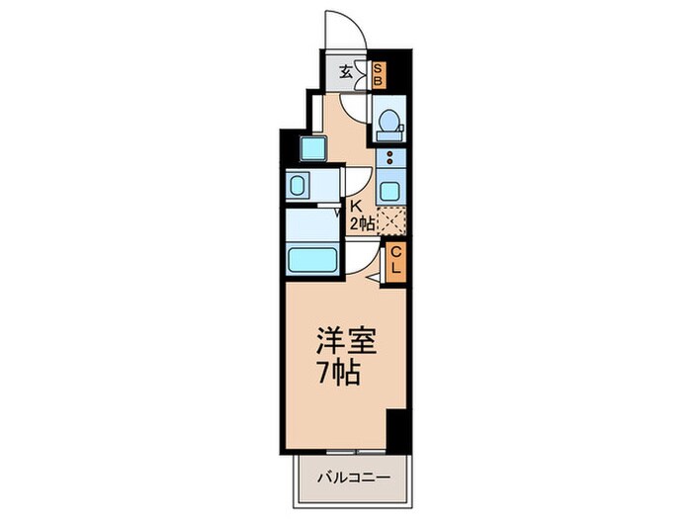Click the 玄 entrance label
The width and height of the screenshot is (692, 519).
(x=347, y=71)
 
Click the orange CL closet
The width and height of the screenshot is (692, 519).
(x=394, y=262)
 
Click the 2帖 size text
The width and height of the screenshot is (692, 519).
(x=360, y=224)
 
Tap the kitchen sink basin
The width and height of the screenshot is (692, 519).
(x=391, y=192)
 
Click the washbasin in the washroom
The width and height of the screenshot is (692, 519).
(x=298, y=185)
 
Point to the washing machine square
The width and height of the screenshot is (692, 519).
(x=314, y=149)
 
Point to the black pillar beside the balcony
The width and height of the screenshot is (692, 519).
(x=397, y=428)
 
